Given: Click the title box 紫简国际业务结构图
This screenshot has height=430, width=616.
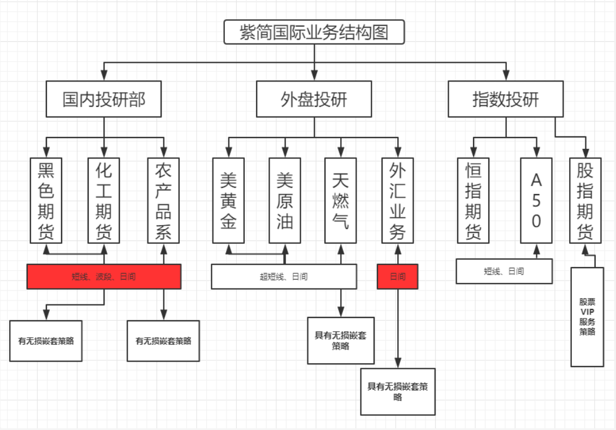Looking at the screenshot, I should click(x=314, y=32).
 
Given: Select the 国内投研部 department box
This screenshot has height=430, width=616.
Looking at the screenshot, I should click(x=104, y=100).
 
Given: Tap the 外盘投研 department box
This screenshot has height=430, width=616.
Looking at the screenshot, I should click(x=314, y=100).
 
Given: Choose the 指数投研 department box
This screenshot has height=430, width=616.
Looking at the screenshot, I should click(x=506, y=100).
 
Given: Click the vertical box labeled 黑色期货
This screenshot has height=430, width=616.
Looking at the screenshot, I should click(x=46, y=200).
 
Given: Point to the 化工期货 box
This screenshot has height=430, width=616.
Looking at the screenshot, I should click(x=104, y=200).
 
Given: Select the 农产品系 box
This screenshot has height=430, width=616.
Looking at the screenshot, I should click(x=163, y=200).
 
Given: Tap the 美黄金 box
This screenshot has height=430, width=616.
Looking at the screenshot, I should click(x=228, y=200).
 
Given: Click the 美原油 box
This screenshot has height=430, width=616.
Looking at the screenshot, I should click(x=285, y=200).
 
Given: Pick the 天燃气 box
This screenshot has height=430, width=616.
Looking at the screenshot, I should click(x=340, y=200).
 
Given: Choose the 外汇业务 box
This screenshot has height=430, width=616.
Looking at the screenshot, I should click(x=397, y=200).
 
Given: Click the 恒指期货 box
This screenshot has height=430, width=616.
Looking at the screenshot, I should click(x=473, y=200).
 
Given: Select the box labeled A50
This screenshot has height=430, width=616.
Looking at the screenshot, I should click(x=536, y=200).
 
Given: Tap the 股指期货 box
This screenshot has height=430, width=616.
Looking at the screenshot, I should click(x=585, y=200).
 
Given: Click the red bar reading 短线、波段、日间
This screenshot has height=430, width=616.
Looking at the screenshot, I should click(x=104, y=277).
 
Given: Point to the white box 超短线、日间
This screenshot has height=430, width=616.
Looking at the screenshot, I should click(x=284, y=277).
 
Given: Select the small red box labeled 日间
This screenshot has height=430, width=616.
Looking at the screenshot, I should click(x=397, y=277).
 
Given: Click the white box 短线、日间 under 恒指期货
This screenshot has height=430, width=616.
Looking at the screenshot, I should click(x=504, y=271).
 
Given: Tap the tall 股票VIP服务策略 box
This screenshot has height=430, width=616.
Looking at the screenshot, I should click(x=587, y=317).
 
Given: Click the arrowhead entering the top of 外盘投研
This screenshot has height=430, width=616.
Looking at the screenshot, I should click(x=314, y=75).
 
